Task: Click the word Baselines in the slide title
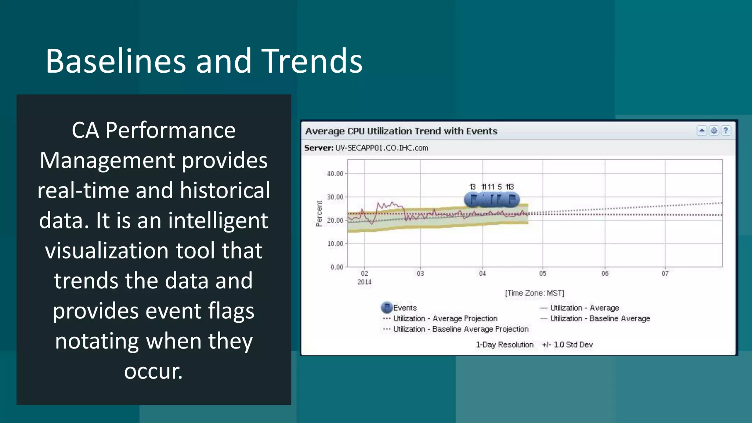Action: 116,61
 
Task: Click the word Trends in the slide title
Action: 312,61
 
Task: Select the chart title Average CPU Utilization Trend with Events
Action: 401,131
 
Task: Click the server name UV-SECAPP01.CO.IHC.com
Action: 382,148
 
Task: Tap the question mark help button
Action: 726,130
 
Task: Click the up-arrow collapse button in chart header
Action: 702,130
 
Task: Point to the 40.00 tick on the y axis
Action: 335,174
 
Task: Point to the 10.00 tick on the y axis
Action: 335,244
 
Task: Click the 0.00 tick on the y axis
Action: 336,267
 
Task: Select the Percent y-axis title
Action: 319,213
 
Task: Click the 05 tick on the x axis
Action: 543,274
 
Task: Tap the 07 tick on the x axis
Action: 665,274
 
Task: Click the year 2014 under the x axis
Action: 364,282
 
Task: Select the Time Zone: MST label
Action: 534,293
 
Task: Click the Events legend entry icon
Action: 387,307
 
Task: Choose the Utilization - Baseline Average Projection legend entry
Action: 460,329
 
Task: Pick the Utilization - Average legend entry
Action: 584,308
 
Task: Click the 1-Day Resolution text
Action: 505,344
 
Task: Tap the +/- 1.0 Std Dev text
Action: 567,344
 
